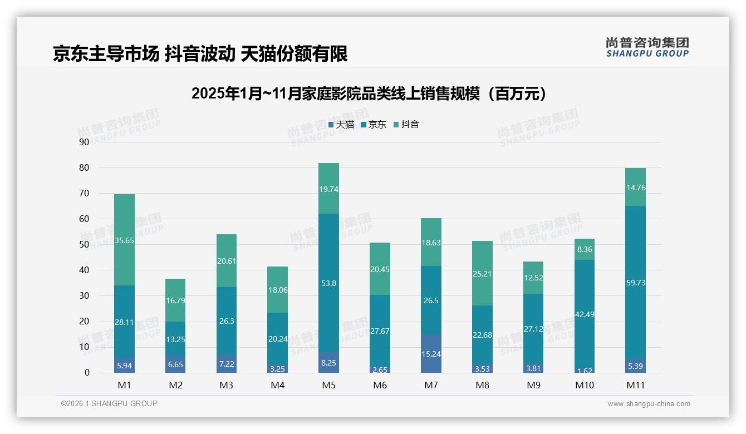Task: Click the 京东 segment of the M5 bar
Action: [329, 283]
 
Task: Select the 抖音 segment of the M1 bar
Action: [124, 240]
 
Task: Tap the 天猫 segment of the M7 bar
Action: [431, 353]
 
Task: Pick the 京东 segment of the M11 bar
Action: [636, 282]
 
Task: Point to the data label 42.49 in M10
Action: [585, 314]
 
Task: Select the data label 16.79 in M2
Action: [175, 300]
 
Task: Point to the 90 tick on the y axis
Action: [84, 142]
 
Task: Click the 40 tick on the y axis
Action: [84, 270]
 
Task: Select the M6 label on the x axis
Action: [380, 385]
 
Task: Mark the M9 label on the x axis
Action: [533, 385]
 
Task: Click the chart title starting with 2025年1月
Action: [369, 93]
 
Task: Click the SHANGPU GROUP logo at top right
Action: [647, 47]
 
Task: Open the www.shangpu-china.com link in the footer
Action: [649, 404]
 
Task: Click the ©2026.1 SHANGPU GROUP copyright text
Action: [109, 403]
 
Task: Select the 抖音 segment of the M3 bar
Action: [227, 260]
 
